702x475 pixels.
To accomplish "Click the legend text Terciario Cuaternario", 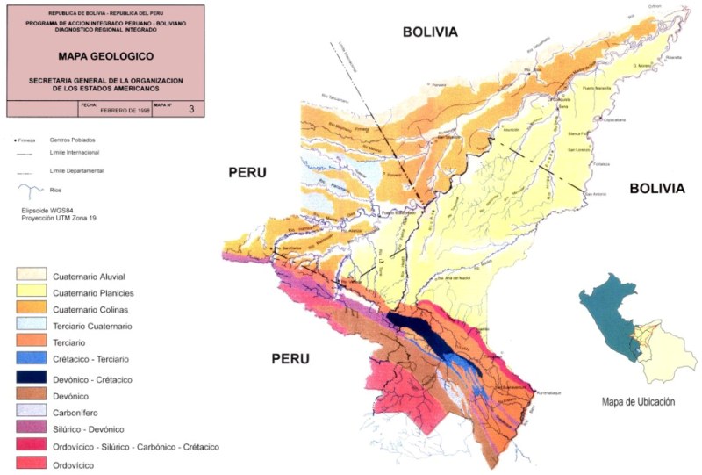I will point(92,327).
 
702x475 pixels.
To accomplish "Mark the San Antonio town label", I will point(598,193).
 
